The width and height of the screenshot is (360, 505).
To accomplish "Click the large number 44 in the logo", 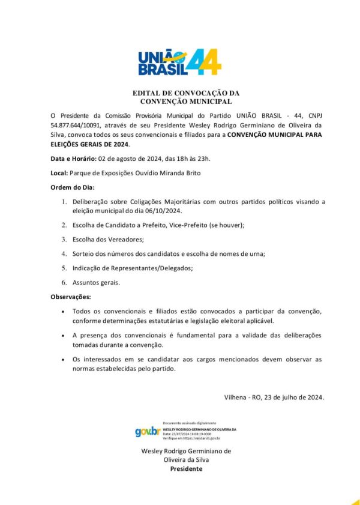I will coord(203,61).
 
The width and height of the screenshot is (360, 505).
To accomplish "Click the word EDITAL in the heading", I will coord(147,94).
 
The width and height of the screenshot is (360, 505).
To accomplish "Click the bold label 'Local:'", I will coord(59,173).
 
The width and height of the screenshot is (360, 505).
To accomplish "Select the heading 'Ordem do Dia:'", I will coord(73,187).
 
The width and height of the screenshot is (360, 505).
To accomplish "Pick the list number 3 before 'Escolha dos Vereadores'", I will coord(64,240).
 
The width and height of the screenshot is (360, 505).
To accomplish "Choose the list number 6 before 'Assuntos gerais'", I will coord(64,282).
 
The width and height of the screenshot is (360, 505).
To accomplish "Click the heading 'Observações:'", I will coord(71,297).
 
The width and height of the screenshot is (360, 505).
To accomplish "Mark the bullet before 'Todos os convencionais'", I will coord(64,312).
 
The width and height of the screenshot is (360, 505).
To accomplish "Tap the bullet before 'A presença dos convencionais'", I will coord(64,335).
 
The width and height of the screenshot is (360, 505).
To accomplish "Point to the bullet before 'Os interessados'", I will coord(64,359).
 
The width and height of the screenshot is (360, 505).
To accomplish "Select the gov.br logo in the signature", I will coord(148,431).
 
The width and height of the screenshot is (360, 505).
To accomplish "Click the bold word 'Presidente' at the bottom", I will coord(186,468).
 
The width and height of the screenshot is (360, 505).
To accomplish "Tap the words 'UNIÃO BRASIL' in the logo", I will coord(159,63).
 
